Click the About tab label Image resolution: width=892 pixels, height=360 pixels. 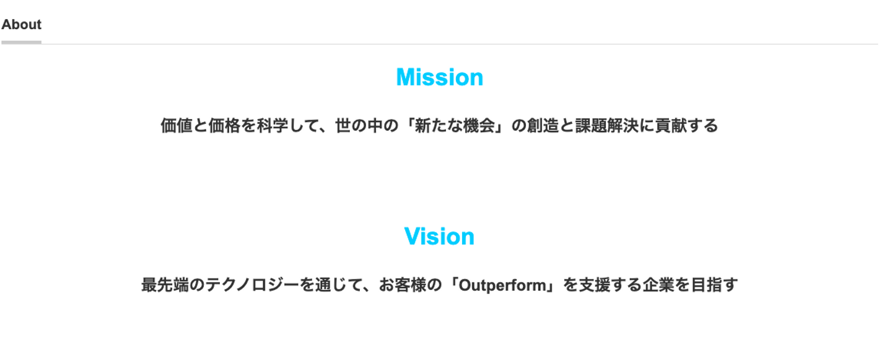pos(22,25)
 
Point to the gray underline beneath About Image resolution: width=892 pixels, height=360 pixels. pos(22,42)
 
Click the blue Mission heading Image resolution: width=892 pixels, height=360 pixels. pos(439,77)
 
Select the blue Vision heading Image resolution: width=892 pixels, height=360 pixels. pos(439,237)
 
